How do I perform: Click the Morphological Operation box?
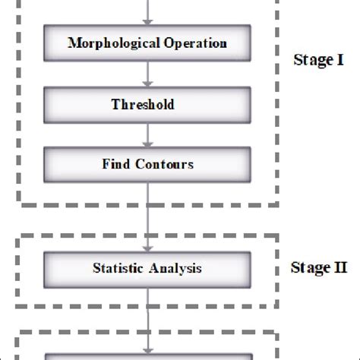coord(147,43)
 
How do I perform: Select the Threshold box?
coord(147,103)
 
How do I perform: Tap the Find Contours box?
coord(147,163)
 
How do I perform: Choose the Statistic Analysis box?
coord(147,267)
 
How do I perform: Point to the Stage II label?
coord(318,267)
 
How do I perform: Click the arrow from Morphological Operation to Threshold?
coord(147,73)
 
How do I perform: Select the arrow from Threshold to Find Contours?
coord(147,133)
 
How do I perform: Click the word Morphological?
coord(113,43)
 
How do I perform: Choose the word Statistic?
coord(117,267)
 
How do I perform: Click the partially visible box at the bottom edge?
coord(147,355)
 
